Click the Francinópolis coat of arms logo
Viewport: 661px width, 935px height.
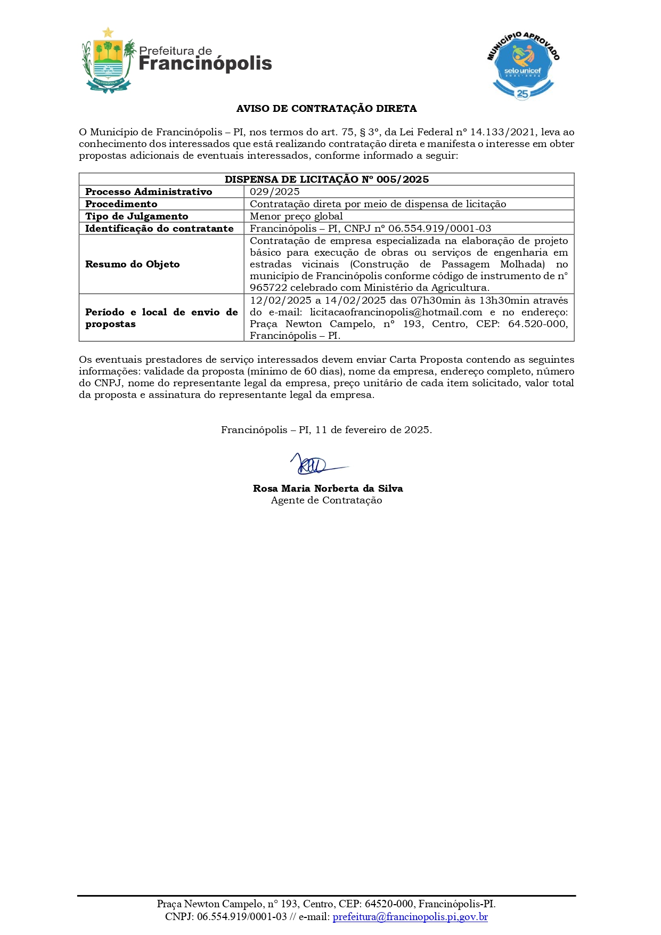pos(108,61)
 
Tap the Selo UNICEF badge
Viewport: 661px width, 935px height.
pos(523,66)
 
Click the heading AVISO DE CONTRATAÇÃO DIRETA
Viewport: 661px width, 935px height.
pos(327,109)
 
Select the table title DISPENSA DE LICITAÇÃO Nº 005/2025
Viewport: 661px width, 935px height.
pos(327,180)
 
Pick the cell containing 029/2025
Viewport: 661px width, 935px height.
pos(275,192)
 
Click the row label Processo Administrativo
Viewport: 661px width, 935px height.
pos(149,192)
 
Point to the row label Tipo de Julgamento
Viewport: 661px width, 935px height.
pos(137,216)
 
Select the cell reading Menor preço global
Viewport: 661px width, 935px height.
pos(296,216)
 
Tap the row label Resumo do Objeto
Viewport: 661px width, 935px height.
pos(133,264)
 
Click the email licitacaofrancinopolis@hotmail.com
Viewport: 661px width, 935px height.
pos(396,312)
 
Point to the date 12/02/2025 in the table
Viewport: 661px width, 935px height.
pos(280,300)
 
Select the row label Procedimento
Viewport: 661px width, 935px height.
pos(121,204)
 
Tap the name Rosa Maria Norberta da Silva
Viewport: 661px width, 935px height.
pos(328,489)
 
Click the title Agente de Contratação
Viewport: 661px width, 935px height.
pos(327,500)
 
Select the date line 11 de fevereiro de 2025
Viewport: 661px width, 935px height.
pos(373,430)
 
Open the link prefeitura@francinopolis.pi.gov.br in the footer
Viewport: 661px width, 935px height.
pos(410,917)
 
